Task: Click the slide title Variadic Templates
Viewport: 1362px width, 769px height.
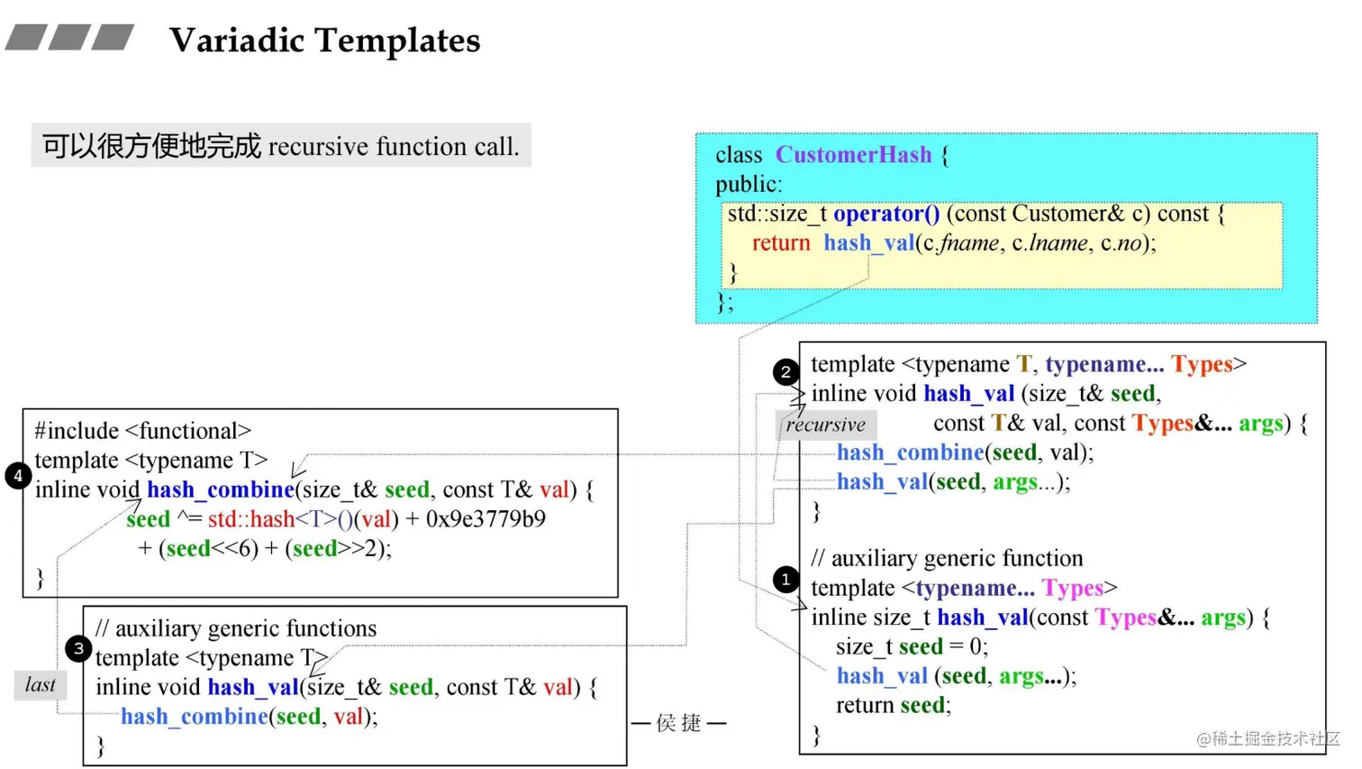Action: pyautogui.click(x=324, y=41)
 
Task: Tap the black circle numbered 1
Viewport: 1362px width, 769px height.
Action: pyautogui.click(x=785, y=579)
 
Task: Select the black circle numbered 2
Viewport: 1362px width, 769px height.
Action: pyautogui.click(x=785, y=371)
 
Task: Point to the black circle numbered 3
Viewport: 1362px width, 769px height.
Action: pyautogui.click(x=78, y=649)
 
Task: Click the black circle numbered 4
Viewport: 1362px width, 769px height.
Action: pyautogui.click(x=18, y=476)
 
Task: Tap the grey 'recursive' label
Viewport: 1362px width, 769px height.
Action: pyautogui.click(x=826, y=425)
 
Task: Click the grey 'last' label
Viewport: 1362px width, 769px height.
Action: pyautogui.click(x=41, y=685)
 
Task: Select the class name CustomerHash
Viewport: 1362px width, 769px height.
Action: pyautogui.click(x=853, y=154)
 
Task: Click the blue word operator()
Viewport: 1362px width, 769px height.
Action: pyautogui.click(x=886, y=215)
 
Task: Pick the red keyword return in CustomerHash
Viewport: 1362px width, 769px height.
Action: pyautogui.click(x=781, y=243)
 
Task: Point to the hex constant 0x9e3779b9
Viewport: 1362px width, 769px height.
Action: pyautogui.click(x=486, y=519)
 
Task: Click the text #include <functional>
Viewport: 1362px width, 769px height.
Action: pyautogui.click(x=143, y=431)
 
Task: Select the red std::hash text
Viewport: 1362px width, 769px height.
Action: pyautogui.click(x=251, y=519)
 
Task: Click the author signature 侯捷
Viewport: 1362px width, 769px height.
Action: pyautogui.click(x=678, y=723)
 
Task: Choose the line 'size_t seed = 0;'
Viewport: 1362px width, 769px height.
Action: pyautogui.click(x=912, y=646)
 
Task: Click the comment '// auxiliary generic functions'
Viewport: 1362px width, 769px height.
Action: pyautogui.click(x=236, y=628)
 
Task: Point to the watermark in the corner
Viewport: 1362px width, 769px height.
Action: pyautogui.click(x=1267, y=738)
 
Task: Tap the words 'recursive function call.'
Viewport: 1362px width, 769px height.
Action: pyautogui.click(x=394, y=147)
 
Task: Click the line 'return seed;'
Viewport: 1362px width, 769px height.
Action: pyautogui.click(x=894, y=705)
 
